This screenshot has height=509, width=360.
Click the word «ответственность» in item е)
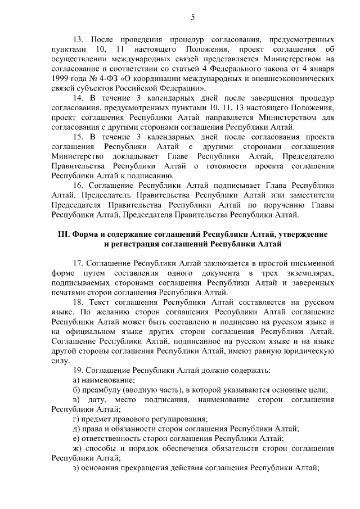(x=118, y=439)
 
